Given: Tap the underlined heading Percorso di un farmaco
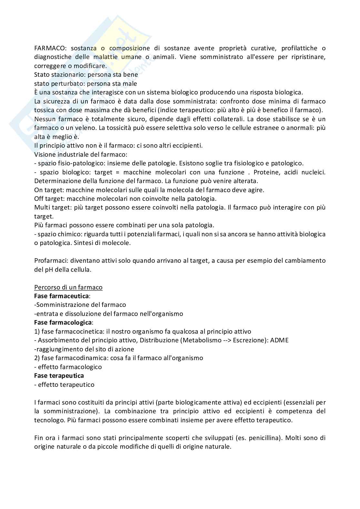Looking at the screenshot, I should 68,287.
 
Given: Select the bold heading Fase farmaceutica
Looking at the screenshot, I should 61,296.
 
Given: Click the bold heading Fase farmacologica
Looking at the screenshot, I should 63,322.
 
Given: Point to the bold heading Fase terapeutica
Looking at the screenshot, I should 59,376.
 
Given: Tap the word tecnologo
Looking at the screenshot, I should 49,420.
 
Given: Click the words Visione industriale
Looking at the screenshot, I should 60,154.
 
